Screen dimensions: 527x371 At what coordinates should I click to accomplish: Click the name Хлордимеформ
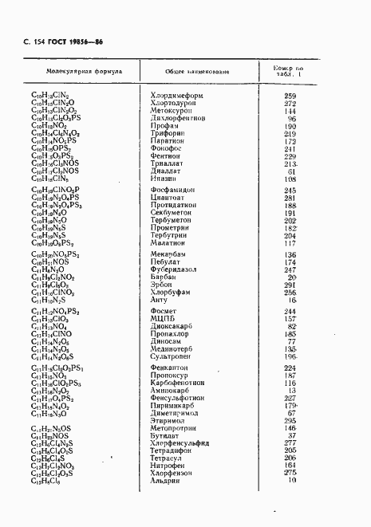[177, 96]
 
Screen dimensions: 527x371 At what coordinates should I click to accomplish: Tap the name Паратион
[168, 141]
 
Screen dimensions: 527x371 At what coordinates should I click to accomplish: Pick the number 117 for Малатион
[290, 243]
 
